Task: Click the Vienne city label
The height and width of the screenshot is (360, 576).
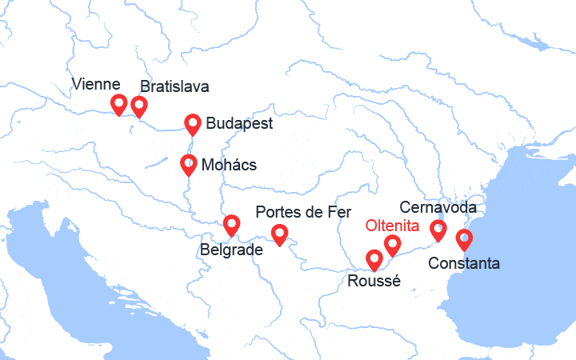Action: click(x=96, y=84)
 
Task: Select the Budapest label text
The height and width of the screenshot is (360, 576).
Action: click(x=239, y=123)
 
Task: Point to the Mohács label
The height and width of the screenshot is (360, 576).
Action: click(x=230, y=165)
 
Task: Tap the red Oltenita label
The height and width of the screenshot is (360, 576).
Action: click(x=392, y=226)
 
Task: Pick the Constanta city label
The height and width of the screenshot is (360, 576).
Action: click(x=464, y=263)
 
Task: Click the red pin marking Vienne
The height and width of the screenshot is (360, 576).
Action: click(x=118, y=103)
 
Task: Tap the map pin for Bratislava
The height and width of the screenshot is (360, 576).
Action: click(x=139, y=106)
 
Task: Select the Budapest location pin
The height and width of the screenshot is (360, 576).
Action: click(x=193, y=123)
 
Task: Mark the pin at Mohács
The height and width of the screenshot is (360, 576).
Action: click(x=189, y=164)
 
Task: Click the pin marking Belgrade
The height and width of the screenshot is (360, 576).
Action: click(x=231, y=225)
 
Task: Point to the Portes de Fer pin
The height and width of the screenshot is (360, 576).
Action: click(x=279, y=234)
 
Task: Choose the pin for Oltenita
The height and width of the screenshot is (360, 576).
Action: click(x=392, y=244)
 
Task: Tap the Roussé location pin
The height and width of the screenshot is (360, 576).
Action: click(x=374, y=259)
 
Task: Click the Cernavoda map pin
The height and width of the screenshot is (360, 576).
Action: click(x=438, y=230)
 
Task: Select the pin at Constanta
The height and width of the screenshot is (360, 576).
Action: click(x=463, y=238)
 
